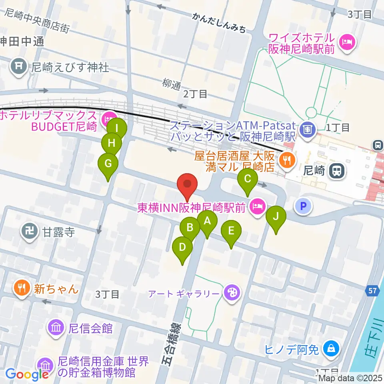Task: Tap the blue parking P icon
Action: click(x=303, y=206)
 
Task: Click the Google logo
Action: click(x=27, y=374)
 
